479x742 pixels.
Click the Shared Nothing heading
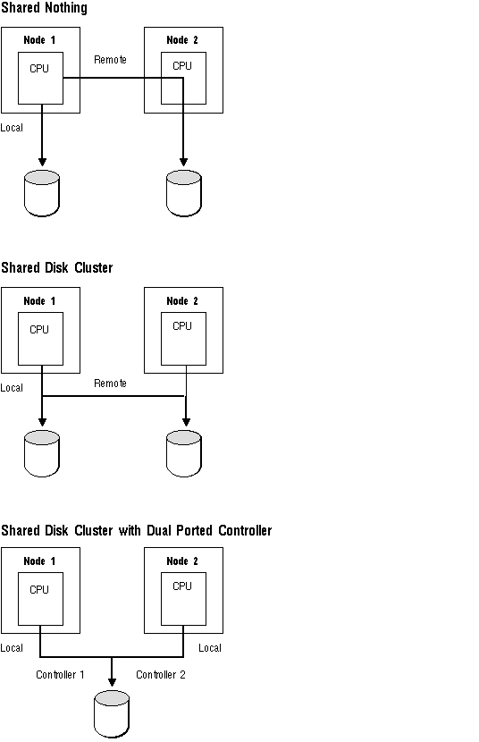click(44, 8)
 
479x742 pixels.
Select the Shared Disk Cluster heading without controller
click(56, 268)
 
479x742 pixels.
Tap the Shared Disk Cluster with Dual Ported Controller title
click(136, 530)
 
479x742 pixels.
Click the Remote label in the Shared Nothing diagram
click(110, 60)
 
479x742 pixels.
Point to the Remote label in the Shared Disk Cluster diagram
click(110, 384)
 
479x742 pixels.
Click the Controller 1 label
click(60, 674)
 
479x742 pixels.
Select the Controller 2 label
click(161, 674)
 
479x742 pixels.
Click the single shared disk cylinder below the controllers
click(112, 713)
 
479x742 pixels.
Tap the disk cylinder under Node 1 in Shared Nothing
click(42, 193)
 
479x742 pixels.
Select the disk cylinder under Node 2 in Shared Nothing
click(184, 193)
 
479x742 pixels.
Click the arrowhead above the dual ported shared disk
click(112, 682)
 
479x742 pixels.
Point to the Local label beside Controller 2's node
click(210, 648)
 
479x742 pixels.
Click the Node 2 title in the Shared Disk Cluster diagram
click(182, 301)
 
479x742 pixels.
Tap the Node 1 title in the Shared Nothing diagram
click(39, 40)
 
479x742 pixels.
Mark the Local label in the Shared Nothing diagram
click(12, 128)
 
